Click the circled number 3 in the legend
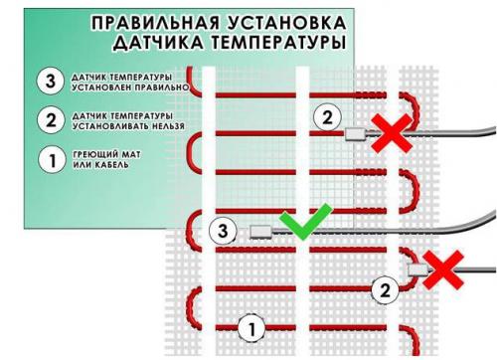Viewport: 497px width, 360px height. point(47,82)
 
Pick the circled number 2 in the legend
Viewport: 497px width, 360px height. point(47,120)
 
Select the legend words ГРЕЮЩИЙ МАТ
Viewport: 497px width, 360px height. point(100,154)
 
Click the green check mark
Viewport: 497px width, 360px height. point(300,224)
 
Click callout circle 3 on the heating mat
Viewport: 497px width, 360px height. point(223,232)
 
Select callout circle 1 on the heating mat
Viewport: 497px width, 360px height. point(252,325)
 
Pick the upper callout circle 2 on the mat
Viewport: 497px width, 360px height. point(325,116)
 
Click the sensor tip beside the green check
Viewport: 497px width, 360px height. point(260,233)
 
